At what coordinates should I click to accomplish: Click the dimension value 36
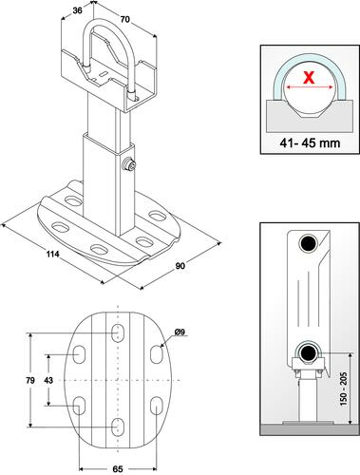[x=77, y=10]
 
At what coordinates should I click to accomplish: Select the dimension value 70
[x=125, y=19]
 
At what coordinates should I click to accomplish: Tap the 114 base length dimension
[x=53, y=254]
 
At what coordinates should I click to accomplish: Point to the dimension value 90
[x=180, y=266]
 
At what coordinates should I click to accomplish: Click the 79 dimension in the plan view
[x=30, y=380]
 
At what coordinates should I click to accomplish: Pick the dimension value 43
[x=48, y=380]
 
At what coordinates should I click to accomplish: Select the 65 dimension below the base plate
[x=118, y=469]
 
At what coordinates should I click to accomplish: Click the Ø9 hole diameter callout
[x=180, y=332]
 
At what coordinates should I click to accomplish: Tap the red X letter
[x=309, y=78]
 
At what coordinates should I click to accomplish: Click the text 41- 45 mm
[x=310, y=142]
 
